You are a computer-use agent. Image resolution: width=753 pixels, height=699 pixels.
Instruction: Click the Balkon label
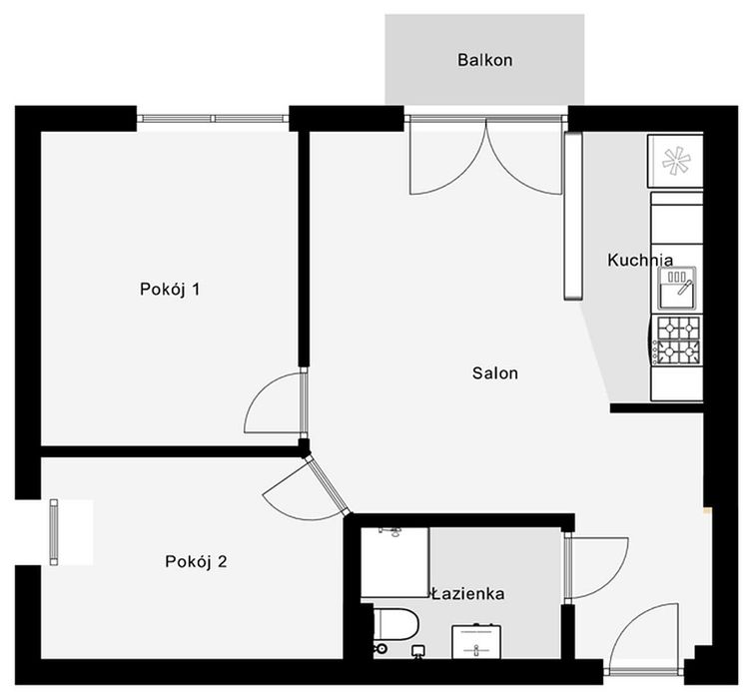click(x=484, y=60)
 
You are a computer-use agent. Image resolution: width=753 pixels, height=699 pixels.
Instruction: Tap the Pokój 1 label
click(x=170, y=289)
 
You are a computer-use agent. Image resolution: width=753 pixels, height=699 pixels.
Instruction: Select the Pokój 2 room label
click(x=196, y=561)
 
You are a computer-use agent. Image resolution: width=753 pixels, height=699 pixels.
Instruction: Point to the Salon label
click(x=495, y=373)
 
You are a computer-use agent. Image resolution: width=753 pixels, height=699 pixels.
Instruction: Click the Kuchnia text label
click(x=640, y=260)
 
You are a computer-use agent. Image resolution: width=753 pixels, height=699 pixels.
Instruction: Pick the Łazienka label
click(x=467, y=594)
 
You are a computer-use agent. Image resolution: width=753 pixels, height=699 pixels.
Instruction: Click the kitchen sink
click(x=677, y=288)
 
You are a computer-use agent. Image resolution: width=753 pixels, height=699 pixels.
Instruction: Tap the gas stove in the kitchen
click(x=678, y=341)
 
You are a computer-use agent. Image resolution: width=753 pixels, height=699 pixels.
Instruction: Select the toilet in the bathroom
click(x=395, y=624)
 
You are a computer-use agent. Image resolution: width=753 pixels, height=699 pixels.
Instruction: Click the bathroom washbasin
click(x=476, y=641)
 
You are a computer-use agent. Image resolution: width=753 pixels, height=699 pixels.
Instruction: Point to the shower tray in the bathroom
click(x=394, y=562)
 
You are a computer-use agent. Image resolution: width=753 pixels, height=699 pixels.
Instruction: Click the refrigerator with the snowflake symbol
click(x=675, y=161)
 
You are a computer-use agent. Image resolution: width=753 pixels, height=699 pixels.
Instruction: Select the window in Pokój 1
click(x=213, y=119)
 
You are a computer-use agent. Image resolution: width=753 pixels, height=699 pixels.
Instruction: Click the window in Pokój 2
click(x=54, y=532)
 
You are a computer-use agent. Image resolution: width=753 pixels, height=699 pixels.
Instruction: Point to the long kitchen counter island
click(x=572, y=216)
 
